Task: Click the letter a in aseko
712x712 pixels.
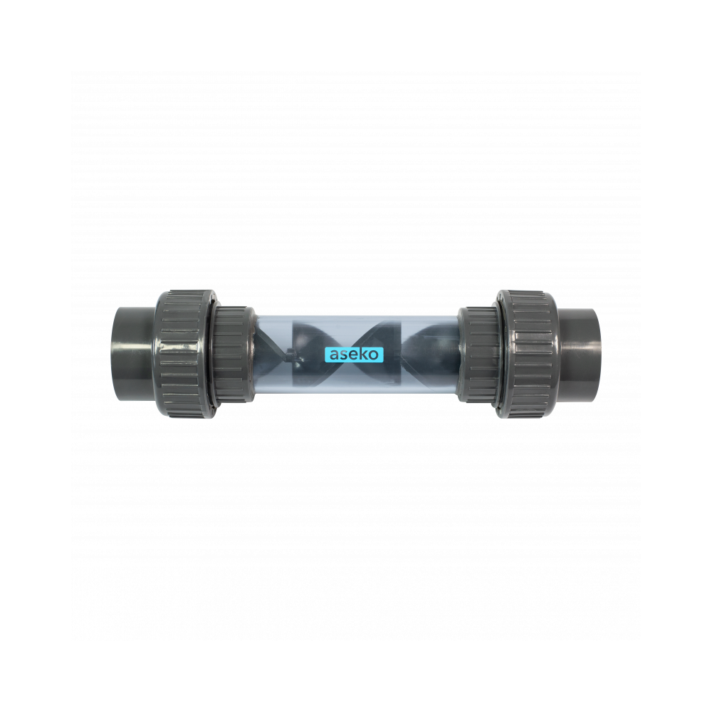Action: [x=334, y=355]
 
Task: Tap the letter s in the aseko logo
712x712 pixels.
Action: [x=344, y=355]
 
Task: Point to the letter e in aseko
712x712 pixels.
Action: [x=353, y=355]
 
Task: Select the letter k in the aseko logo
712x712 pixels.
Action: [x=362, y=354]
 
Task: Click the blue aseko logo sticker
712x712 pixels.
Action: [x=354, y=354]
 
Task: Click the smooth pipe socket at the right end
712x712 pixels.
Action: [x=578, y=354]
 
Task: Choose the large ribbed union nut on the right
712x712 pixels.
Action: [x=527, y=354]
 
